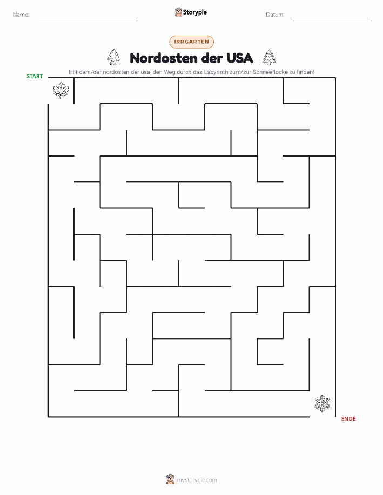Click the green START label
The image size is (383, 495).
[35, 77]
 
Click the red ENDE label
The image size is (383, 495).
[348, 418]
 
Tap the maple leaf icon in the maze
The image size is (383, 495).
[61, 90]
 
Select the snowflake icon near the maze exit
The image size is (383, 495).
[322, 403]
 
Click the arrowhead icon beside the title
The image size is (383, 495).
[114, 57]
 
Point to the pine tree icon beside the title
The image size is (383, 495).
[269, 57]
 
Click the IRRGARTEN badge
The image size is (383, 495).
[191, 42]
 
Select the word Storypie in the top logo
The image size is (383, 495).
[194, 12]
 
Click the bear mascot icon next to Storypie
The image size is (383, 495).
[178, 12]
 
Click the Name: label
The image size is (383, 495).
[21, 15]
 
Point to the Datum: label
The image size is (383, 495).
[275, 15]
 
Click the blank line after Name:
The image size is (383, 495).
[88, 18]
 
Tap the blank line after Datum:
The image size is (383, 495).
[331, 18]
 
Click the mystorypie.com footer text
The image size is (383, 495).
[197, 480]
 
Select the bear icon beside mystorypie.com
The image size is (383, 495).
[170, 479]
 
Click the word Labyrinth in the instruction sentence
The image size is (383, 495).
[216, 72]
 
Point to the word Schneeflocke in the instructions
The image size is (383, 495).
[270, 72]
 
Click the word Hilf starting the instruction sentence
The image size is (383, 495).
[73, 72]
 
